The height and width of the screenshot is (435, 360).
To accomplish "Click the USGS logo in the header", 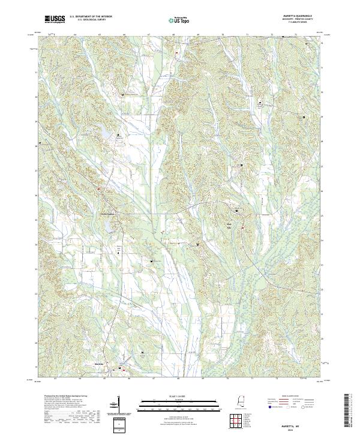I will [x=55, y=19].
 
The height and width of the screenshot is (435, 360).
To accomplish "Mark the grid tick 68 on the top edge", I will [x=173, y=35].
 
